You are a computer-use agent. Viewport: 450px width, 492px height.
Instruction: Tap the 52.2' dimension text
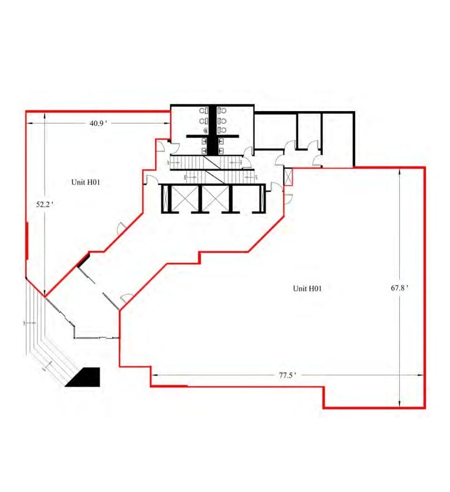coord(44,204)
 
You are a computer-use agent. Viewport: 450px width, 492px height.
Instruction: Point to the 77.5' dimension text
coord(287,375)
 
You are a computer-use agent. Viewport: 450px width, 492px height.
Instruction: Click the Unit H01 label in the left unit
coord(85,182)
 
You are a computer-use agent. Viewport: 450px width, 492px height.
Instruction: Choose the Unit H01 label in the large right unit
coord(307,288)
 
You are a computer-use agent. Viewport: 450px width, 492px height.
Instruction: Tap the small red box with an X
coord(288,178)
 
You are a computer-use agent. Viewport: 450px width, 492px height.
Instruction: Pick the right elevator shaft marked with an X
coord(215,198)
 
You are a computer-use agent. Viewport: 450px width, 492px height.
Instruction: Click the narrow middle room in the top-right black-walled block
coord(308,131)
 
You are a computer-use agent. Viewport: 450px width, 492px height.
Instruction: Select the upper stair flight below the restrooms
coord(207,163)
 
